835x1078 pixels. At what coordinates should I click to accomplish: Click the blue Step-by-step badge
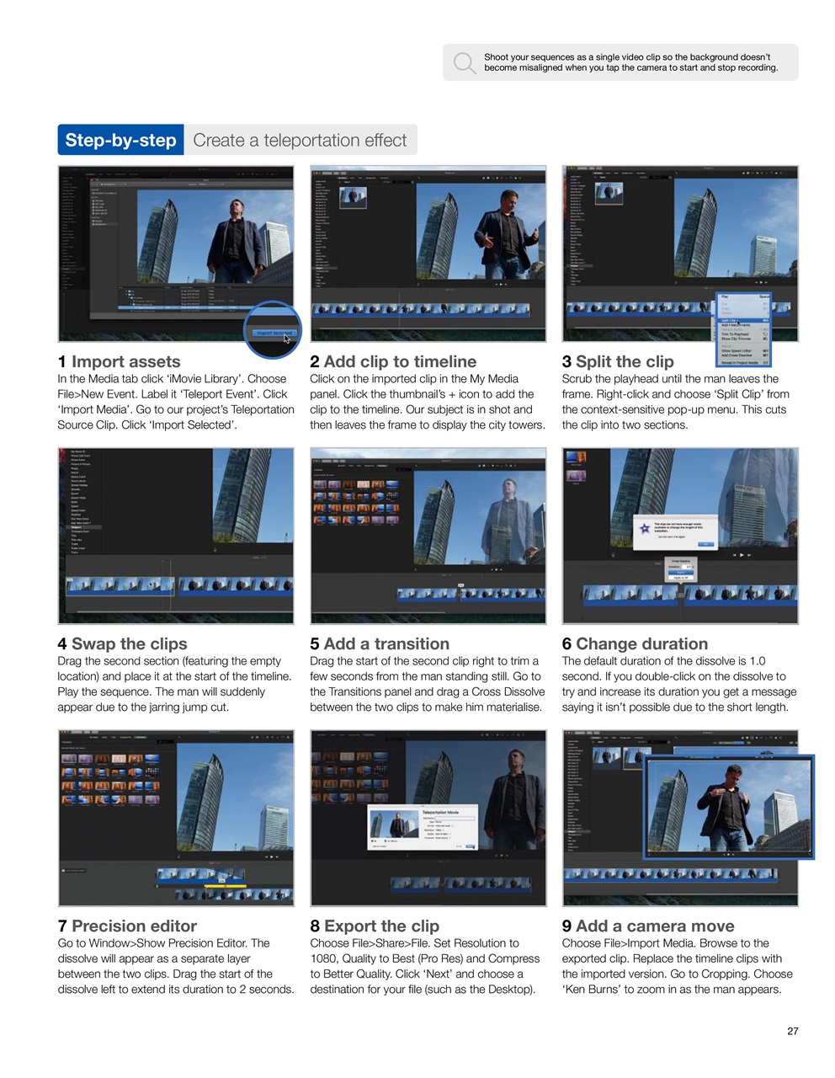(120, 141)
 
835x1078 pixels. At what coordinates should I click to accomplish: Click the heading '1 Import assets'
(119, 361)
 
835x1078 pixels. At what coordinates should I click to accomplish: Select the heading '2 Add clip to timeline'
(393, 361)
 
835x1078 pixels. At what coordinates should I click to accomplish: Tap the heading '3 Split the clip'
(618, 361)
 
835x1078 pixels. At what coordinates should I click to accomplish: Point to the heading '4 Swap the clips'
(122, 643)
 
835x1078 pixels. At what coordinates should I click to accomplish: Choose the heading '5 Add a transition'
(380, 643)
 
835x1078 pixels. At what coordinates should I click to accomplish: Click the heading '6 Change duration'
(635, 643)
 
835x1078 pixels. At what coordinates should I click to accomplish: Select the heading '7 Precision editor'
(127, 926)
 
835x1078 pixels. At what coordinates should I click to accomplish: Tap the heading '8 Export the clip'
(375, 926)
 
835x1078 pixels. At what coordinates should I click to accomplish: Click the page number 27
(792, 1031)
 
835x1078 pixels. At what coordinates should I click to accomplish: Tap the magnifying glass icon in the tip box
(464, 63)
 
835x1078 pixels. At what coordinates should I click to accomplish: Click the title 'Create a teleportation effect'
(300, 141)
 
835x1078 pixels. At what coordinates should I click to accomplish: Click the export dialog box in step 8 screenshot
(423, 830)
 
